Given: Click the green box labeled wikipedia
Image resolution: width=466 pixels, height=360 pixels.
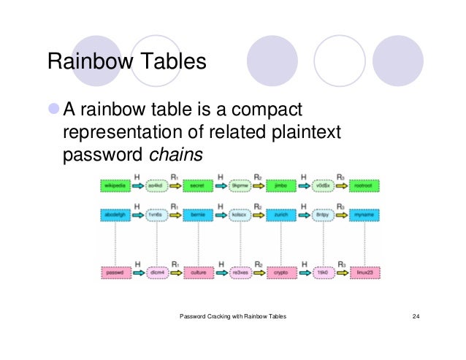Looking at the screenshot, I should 115,188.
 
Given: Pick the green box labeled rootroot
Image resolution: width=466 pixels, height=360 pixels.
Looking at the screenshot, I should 365,188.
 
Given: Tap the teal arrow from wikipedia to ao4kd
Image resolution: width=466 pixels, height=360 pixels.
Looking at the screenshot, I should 137,188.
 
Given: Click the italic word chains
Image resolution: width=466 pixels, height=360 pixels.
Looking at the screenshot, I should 175,155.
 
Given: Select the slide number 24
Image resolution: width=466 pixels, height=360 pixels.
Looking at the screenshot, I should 416,316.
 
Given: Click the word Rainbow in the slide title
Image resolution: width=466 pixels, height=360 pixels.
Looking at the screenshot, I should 86,62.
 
